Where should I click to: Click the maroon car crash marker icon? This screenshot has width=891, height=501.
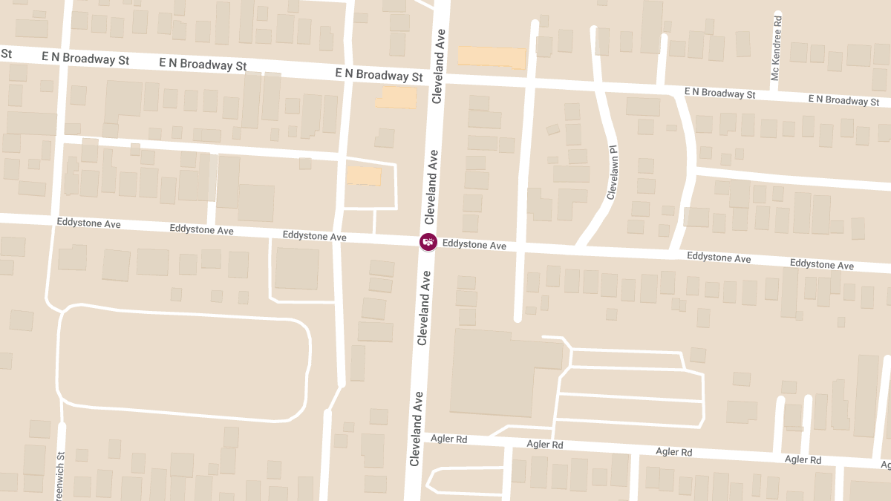point(428,242)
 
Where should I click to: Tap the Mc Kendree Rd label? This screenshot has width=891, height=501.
point(777,47)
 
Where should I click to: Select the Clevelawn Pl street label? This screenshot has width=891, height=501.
point(613,172)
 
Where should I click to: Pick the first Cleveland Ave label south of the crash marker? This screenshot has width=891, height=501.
point(424,308)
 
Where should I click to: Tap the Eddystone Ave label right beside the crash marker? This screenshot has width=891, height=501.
point(474,245)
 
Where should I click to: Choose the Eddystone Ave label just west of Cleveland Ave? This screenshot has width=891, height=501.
point(314,236)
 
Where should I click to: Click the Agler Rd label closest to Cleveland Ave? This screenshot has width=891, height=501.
point(448,439)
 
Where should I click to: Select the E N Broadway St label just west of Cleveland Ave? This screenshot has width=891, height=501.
point(379,75)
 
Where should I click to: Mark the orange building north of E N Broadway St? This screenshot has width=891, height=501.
point(491,56)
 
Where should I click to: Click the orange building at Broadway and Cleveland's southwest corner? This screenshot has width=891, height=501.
point(396,97)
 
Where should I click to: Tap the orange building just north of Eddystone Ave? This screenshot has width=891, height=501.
point(364,176)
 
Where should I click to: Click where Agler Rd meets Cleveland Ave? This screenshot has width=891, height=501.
point(417,438)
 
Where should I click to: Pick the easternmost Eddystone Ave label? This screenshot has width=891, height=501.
point(821,264)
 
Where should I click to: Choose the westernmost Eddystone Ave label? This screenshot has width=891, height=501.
point(88,223)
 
